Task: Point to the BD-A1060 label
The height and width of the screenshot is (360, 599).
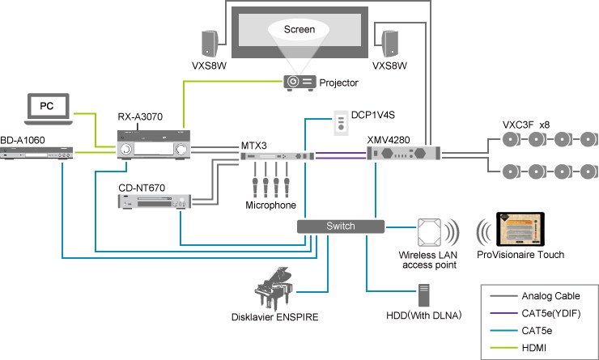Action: (23, 139)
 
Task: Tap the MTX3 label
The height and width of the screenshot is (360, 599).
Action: (254, 144)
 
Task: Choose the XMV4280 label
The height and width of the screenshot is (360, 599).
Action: (389, 139)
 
